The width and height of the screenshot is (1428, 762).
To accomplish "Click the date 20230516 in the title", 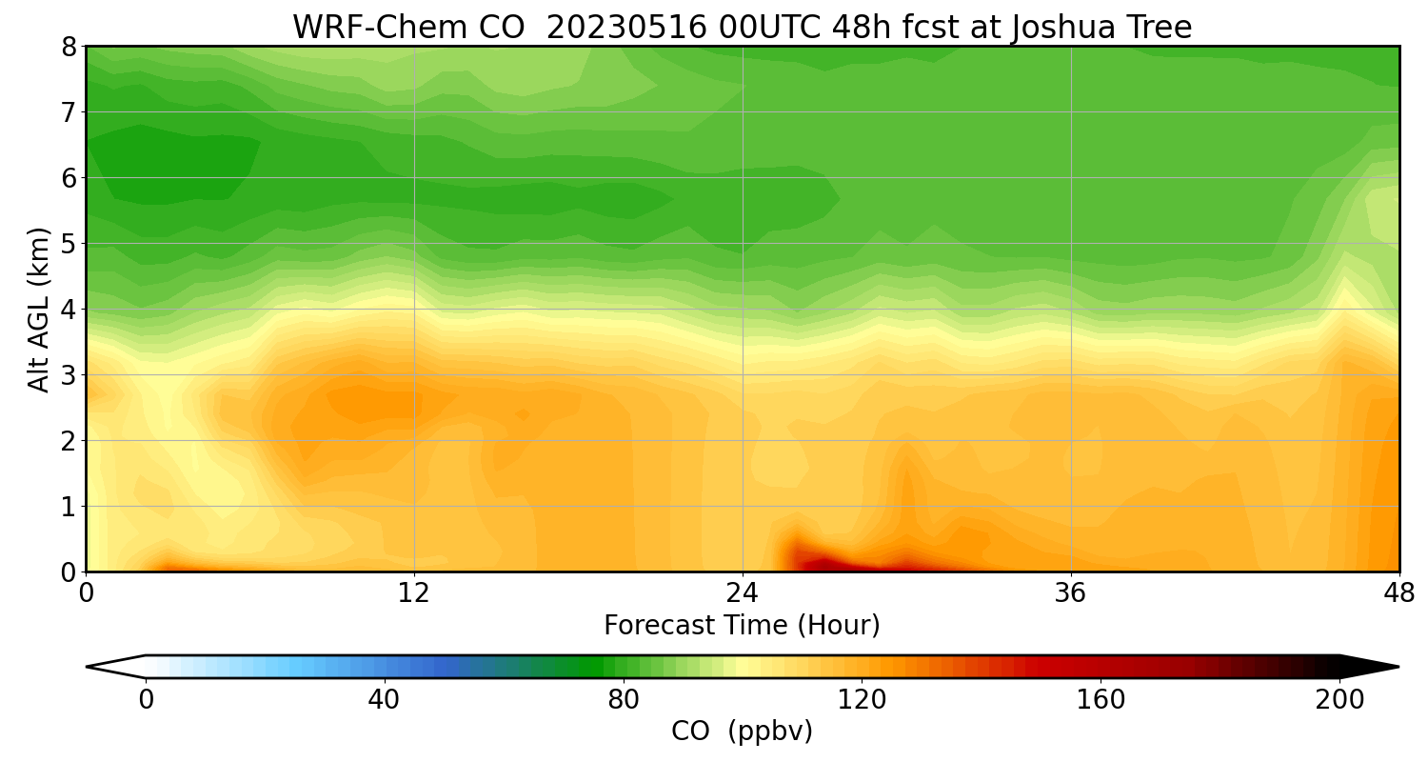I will pyautogui.click(x=626, y=28).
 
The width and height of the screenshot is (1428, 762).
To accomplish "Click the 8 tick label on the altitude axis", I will pyautogui.click(x=68, y=47).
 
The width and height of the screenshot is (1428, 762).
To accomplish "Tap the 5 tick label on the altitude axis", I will pyautogui.click(x=68, y=244).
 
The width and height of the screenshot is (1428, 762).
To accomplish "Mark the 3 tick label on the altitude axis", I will pyautogui.click(x=68, y=375).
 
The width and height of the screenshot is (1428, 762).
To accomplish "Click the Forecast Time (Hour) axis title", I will pyautogui.click(x=742, y=626).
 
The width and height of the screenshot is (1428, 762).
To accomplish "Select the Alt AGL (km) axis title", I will pyautogui.click(x=39, y=309).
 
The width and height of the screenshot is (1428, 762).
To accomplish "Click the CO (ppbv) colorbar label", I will pyautogui.click(x=742, y=732).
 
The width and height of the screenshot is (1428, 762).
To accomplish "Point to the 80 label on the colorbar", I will pyautogui.click(x=624, y=700).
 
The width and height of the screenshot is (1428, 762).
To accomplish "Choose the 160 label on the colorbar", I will pyautogui.click(x=1101, y=700).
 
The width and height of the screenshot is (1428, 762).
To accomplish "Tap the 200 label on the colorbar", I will pyautogui.click(x=1339, y=700).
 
